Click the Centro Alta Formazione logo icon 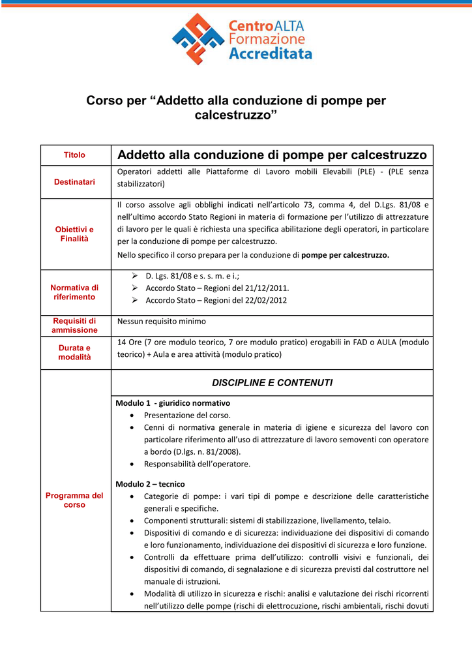(198, 38)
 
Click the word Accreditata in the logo (271, 54)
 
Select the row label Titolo (74, 155)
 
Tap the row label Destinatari (74, 181)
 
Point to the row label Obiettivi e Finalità (74, 234)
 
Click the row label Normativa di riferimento (74, 292)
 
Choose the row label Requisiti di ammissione (74, 326)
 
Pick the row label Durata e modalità (74, 352)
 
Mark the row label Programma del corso (74, 500)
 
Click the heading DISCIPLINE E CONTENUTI (272, 383)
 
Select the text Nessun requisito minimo (161, 321)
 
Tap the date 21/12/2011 (267, 288)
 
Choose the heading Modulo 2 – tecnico (150, 484)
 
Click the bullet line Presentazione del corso (187, 415)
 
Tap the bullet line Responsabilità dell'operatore (197, 464)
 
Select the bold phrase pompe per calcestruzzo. (345, 255)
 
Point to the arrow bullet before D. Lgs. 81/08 (134, 276)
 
